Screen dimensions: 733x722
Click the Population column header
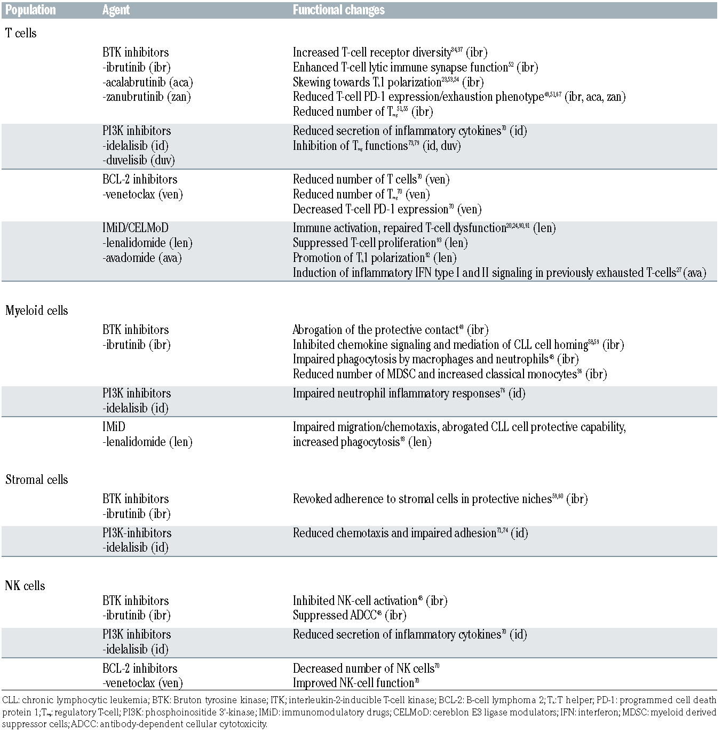point(30,10)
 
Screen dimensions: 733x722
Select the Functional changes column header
point(338,10)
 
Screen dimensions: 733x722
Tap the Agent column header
point(116,10)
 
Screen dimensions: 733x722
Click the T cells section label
point(21,33)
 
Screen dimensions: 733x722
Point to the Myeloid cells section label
point(37,310)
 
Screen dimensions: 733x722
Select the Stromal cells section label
point(37,480)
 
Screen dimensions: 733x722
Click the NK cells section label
point(25,586)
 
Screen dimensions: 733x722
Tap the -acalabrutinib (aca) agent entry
point(148,82)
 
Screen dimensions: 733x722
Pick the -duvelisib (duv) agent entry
point(139,160)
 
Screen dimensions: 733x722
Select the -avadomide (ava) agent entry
point(142,258)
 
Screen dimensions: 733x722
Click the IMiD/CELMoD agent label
point(136,228)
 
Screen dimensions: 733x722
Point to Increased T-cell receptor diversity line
point(390,52)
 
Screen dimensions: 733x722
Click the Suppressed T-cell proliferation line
point(380,243)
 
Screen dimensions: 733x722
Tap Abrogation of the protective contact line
point(390,330)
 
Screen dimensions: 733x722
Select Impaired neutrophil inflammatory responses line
point(409,393)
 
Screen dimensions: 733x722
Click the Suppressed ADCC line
point(349,615)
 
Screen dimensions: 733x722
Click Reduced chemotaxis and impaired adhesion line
point(410,533)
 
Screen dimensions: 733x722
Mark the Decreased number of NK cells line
point(366,668)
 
